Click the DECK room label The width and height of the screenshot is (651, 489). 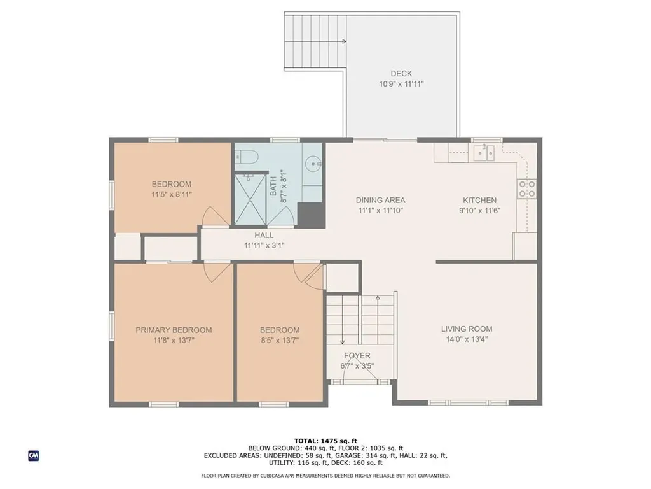point(401,74)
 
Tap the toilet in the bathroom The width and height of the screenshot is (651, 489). point(247,157)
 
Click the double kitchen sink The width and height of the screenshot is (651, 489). point(484,153)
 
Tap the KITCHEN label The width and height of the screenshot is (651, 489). point(479,200)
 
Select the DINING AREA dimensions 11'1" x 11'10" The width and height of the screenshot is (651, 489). point(381,210)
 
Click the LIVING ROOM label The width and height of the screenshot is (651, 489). point(467,329)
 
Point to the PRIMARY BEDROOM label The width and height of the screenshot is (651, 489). point(174,330)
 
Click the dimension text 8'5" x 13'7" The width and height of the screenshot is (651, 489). point(280,341)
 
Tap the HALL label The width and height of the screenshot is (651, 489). point(264,236)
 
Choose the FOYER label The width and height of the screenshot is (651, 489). point(357,355)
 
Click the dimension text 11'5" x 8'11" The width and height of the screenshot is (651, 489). point(172,194)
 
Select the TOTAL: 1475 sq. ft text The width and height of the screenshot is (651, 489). point(325,441)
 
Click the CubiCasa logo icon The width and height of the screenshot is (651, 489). point(34,456)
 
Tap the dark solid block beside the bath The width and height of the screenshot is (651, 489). point(311,215)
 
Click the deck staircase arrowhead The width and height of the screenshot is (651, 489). point(344,41)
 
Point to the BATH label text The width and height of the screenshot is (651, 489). point(273,187)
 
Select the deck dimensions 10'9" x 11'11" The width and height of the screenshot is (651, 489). point(401,84)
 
